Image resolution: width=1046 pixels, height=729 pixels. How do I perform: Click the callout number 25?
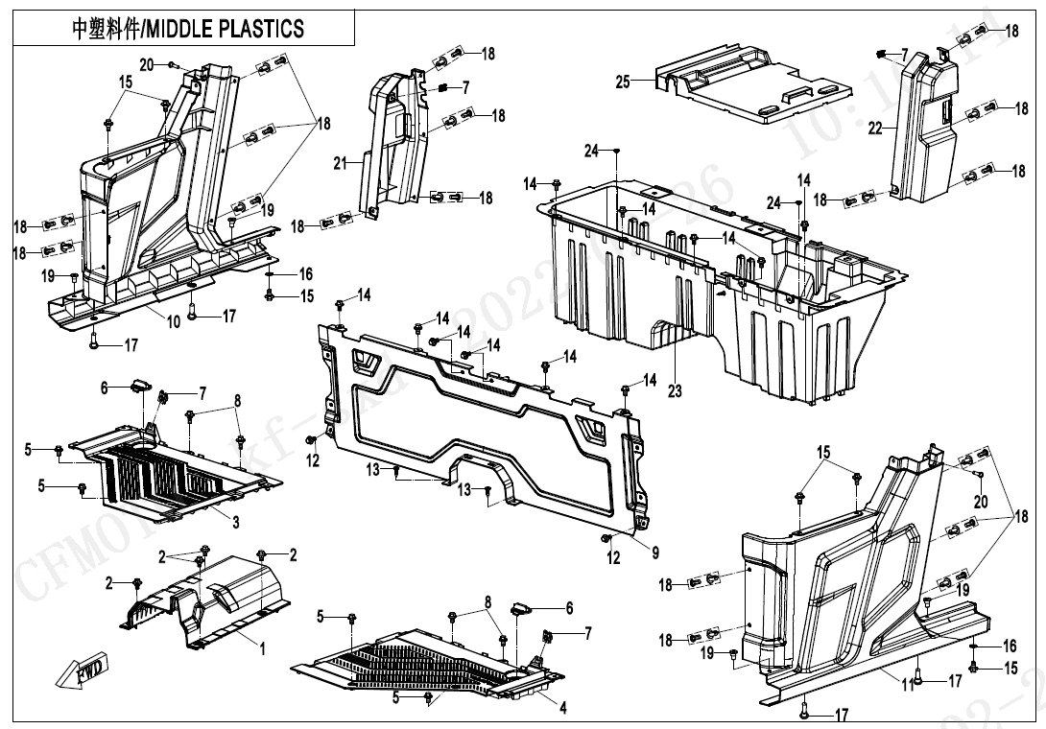(x=623, y=82)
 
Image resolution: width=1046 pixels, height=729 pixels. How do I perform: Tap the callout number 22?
(x=874, y=128)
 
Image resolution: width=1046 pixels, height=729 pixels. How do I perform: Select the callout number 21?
(x=340, y=164)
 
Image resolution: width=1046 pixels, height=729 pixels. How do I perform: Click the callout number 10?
(x=174, y=322)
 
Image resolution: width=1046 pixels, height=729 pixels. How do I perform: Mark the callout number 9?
(x=654, y=553)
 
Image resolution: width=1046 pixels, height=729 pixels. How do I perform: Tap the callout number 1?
(x=262, y=648)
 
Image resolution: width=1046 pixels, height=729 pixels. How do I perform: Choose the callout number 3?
(x=235, y=520)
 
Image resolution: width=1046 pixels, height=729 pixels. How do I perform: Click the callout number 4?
(x=562, y=708)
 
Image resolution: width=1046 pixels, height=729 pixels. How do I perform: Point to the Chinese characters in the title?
(x=106, y=28)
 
